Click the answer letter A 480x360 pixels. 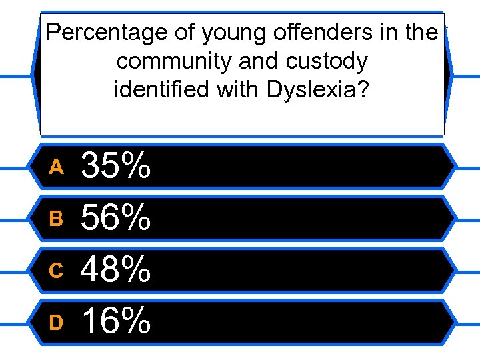(x=56, y=167)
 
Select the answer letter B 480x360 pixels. (x=56, y=219)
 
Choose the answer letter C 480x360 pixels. (x=56, y=270)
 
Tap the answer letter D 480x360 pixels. (x=56, y=322)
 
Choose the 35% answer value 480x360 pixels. (x=115, y=166)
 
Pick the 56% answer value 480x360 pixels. (x=115, y=217)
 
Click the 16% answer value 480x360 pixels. (x=115, y=321)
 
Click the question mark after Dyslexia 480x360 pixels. (x=361, y=89)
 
